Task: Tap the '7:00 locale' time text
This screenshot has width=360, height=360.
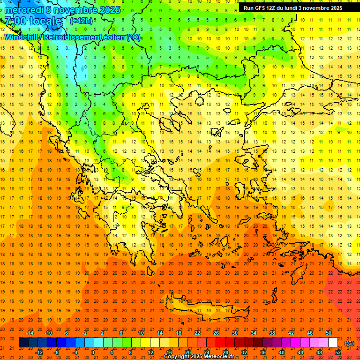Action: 33,22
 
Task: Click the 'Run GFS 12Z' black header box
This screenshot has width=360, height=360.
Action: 292,8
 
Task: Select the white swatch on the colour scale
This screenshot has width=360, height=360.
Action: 333,343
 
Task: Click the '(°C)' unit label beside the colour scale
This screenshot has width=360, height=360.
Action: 349,343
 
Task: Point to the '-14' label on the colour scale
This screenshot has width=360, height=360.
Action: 30,333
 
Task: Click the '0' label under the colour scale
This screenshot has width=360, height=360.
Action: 93,352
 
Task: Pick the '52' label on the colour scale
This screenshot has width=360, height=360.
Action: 338,352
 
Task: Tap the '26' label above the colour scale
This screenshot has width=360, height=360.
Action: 216,333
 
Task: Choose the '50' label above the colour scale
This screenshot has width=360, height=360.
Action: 329,333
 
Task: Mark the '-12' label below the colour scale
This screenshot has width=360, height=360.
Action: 39,352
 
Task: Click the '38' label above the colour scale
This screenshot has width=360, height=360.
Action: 272,333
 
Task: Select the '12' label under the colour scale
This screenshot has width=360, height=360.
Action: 150,352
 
